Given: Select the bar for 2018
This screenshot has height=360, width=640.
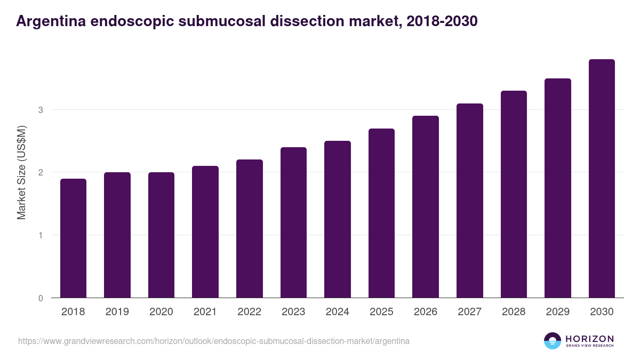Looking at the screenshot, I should coord(73,238).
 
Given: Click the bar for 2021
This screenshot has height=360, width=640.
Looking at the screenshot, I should coord(205,232).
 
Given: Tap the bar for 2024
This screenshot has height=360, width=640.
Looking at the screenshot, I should coord(338,219).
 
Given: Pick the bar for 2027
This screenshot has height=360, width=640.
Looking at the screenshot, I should coord(470,201).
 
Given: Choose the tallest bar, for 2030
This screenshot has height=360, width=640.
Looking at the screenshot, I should coord(602,179).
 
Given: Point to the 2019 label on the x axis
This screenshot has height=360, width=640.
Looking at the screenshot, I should coord(117,312).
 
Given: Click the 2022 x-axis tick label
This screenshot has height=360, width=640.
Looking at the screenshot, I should coord(249,312).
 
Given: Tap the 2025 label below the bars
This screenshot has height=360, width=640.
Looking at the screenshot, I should coord(381,312).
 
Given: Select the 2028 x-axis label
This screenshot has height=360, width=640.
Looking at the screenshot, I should coord(514,312).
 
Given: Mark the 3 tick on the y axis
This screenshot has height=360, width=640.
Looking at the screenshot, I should coord(40,110).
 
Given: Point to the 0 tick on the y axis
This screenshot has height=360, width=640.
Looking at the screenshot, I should coord(40,298).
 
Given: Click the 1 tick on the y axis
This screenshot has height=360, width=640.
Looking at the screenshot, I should coord(40,235).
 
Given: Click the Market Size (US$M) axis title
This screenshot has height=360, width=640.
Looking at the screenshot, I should coord(21,172).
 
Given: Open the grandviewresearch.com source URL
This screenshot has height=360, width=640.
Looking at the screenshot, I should coord(214,341).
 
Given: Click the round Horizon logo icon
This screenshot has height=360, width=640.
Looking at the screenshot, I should coord(553,341).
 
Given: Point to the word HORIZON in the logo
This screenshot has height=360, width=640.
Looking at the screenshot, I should coord(589,338).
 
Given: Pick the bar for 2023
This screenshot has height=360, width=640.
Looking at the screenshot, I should coord(293,222).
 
